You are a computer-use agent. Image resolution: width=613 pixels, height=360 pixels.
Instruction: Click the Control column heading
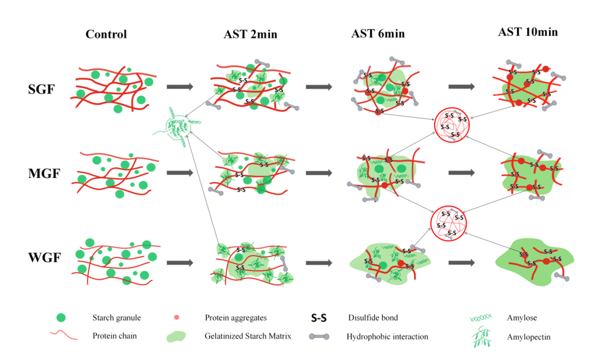[x=106, y=35]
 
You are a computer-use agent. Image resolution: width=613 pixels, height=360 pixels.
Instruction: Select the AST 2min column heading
[x=250, y=35]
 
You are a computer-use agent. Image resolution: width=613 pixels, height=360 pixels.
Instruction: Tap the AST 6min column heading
[x=378, y=34]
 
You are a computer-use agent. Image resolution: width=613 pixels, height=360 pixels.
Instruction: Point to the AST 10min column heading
[x=528, y=32]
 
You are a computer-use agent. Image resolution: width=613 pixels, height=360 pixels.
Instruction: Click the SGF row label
[x=41, y=89]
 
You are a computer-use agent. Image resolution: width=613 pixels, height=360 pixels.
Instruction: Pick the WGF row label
[x=43, y=258]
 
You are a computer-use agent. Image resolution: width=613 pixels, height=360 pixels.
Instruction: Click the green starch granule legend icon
[x=62, y=318]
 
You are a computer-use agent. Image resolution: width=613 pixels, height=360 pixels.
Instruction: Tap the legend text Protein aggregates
[x=236, y=318]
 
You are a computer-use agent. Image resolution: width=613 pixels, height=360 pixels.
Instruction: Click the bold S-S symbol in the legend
[x=319, y=318]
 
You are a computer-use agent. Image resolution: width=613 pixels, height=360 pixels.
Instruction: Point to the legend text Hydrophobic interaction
[x=387, y=337]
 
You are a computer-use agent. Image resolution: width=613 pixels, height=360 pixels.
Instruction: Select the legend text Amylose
[x=524, y=318]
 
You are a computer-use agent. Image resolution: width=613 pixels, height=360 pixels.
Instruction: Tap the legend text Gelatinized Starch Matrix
[x=248, y=337]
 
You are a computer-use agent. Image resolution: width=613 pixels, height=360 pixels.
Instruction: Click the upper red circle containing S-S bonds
[x=451, y=125]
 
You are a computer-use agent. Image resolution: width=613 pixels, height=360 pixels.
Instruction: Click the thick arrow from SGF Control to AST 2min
[x=180, y=87]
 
